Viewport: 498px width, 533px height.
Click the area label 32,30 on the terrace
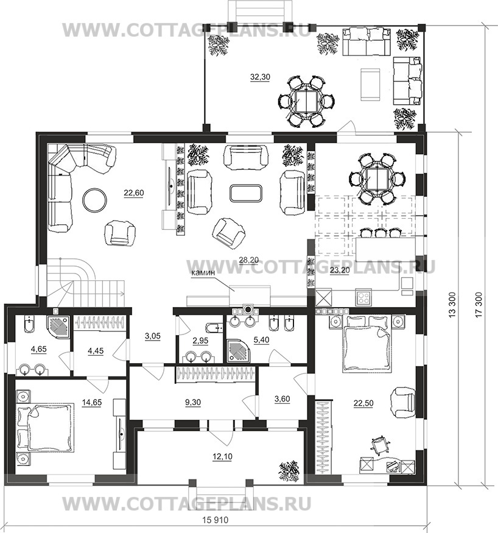pyautogui.click(x=260, y=77)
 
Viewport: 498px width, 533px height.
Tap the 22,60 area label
pyautogui.click(x=133, y=193)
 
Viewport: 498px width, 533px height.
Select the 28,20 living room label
pyautogui.click(x=248, y=260)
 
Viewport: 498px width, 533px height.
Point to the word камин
pyautogui.click(x=203, y=272)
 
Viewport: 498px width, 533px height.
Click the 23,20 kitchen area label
pyautogui.click(x=340, y=270)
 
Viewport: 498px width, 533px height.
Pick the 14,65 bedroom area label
pyautogui.click(x=92, y=403)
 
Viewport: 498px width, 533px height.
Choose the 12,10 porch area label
pyautogui.click(x=222, y=456)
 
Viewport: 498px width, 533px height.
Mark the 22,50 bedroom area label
pyautogui.click(x=363, y=403)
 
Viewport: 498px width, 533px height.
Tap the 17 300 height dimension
pyautogui.click(x=479, y=305)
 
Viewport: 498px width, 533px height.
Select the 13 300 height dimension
pyautogui.click(x=452, y=305)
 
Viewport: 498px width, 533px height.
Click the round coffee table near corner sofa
pyautogui.click(x=95, y=200)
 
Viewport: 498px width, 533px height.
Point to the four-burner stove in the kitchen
pyautogui.click(x=363, y=298)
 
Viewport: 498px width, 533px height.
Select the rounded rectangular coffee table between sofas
pyautogui.click(x=245, y=192)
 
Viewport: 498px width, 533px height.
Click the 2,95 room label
pyautogui.click(x=200, y=341)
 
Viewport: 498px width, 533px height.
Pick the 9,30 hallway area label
pyautogui.click(x=192, y=403)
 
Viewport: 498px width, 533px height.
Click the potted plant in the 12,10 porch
pyautogui.click(x=289, y=471)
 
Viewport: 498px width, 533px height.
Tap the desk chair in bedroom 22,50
pyautogui.click(x=379, y=445)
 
